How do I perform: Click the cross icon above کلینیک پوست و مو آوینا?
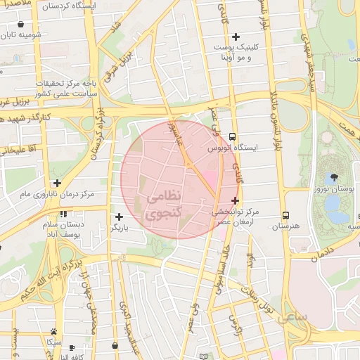[x=236, y=37]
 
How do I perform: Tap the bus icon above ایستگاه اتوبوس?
[x=233, y=138]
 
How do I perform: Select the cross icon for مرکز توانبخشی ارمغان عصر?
[x=235, y=200]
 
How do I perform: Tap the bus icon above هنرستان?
[x=285, y=214]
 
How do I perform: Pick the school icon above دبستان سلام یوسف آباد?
[x=63, y=214]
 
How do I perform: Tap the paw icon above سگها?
[x=53, y=330]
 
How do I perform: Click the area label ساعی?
[x=295, y=318]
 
